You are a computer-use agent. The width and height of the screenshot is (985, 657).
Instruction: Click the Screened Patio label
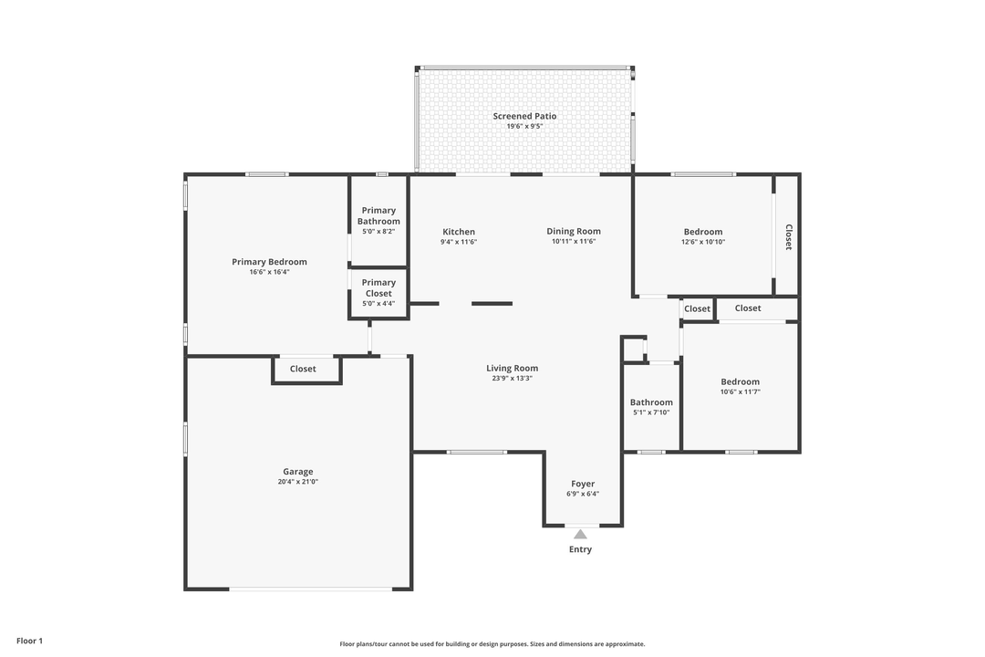[524, 116]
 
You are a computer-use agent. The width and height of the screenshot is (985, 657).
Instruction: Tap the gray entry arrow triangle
[580, 534]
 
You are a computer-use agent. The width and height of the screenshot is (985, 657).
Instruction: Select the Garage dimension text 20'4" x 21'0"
[298, 482]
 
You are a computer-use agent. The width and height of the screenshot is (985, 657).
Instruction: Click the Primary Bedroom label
[269, 262]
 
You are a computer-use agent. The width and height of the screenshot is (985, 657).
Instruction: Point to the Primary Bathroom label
[378, 215]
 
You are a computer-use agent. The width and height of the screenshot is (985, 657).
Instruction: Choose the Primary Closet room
[378, 293]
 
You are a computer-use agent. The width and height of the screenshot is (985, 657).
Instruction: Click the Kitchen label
[459, 232]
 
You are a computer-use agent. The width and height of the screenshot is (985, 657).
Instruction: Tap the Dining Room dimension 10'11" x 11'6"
[574, 242]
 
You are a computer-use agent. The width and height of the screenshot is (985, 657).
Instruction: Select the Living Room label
[512, 368]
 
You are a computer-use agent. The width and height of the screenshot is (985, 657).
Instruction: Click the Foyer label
[583, 484]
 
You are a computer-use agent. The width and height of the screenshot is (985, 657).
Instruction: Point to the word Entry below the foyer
[580, 549]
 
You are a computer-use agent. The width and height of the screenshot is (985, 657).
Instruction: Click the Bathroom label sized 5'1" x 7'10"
[651, 402]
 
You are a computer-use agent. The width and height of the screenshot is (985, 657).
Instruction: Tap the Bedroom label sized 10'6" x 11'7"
[740, 381]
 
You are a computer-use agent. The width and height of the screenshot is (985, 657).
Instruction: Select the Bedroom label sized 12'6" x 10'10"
[702, 232]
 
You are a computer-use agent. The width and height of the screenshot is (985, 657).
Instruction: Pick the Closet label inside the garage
[303, 369]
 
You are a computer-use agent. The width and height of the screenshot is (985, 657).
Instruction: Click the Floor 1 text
[29, 641]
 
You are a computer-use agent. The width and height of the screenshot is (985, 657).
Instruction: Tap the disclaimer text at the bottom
[492, 643]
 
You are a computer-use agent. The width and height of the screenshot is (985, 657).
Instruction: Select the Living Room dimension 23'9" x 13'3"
[512, 378]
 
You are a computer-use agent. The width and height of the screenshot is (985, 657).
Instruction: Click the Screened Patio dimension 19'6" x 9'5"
[524, 126]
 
